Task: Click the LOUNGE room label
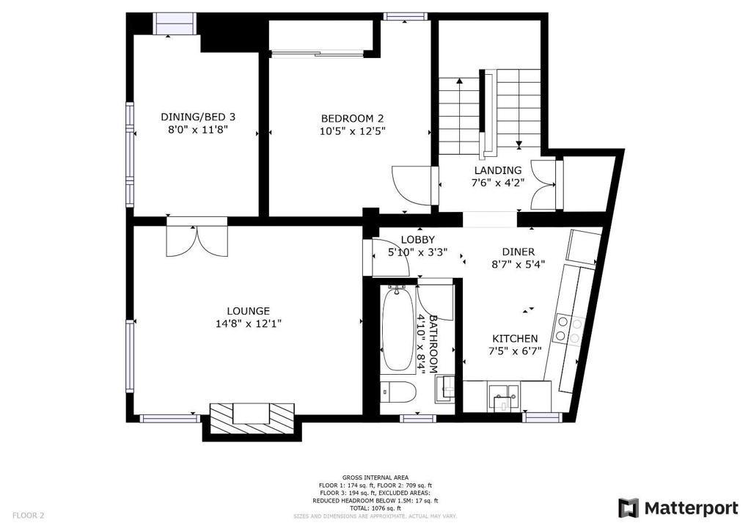click(x=248, y=311)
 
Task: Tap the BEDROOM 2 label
click(x=352, y=118)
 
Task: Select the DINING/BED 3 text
click(x=198, y=117)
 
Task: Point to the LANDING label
click(x=498, y=170)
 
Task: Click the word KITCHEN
click(x=515, y=339)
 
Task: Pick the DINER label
click(x=519, y=252)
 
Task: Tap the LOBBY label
click(x=417, y=240)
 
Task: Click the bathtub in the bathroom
click(x=398, y=330)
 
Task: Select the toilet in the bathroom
click(x=398, y=392)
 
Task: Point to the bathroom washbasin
click(x=444, y=388)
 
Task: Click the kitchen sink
click(x=504, y=397)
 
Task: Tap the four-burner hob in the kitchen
click(x=568, y=329)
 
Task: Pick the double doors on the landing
click(x=544, y=184)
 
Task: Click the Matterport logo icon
click(x=628, y=508)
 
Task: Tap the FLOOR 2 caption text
click(x=29, y=516)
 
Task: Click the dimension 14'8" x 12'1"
click(x=248, y=323)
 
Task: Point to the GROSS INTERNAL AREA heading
click(x=375, y=477)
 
